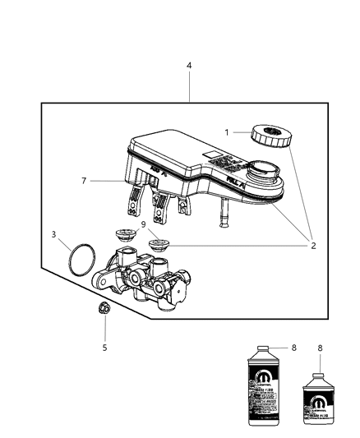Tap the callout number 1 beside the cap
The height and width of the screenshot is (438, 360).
click(x=227, y=132)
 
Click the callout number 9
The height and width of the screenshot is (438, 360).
click(x=143, y=224)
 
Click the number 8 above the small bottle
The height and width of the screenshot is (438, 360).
click(x=319, y=348)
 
